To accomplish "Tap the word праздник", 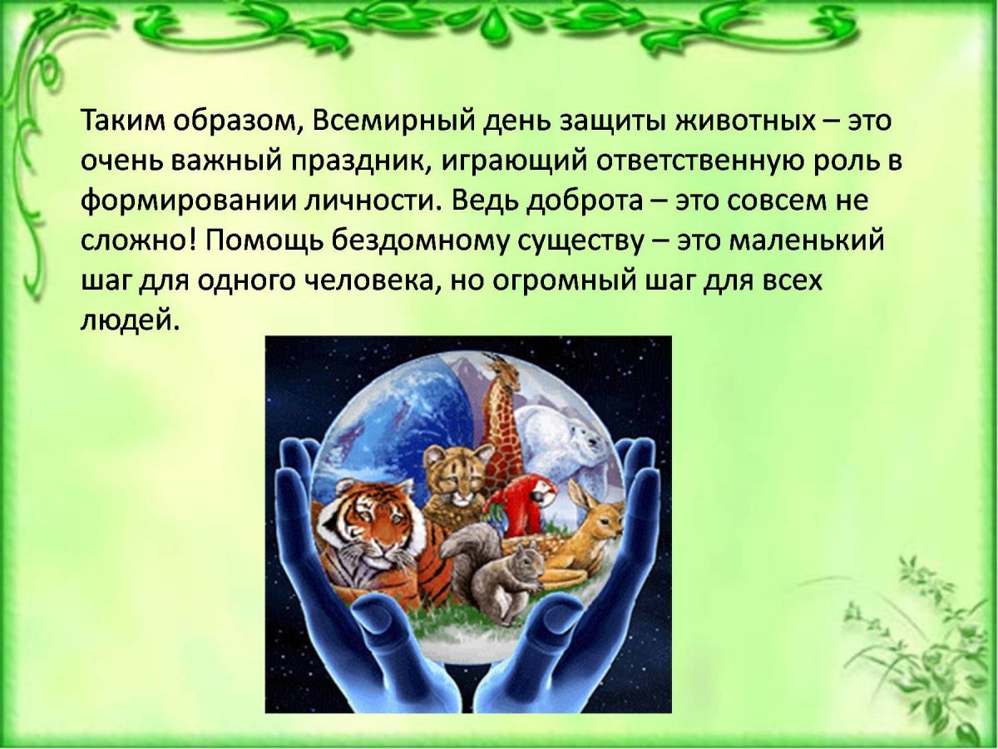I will coord(358,161).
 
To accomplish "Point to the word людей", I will coord(130,320).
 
